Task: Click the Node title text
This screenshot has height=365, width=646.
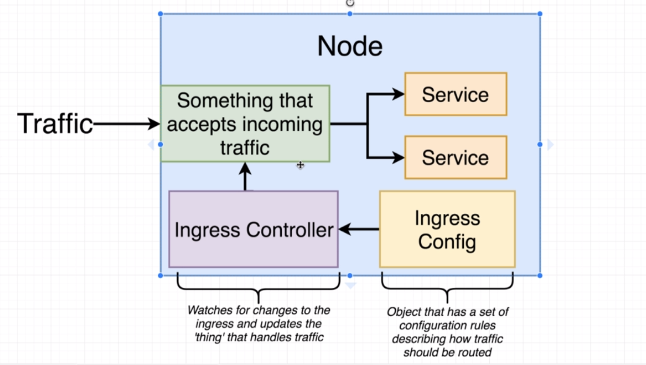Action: (x=350, y=46)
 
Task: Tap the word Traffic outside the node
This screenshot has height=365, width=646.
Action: (x=55, y=124)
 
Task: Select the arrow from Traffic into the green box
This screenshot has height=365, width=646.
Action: (x=126, y=124)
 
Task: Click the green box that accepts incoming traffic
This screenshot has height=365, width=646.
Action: (x=245, y=124)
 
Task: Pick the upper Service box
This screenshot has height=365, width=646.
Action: (x=455, y=94)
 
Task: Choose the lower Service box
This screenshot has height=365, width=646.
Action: (x=455, y=157)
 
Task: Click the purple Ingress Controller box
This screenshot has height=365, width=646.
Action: (x=253, y=229)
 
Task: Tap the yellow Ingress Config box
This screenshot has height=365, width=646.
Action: (x=448, y=229)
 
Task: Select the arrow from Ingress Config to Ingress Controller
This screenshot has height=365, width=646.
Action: (x=359, y=229)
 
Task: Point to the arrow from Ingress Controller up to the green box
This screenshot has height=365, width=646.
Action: (x=245, y=177)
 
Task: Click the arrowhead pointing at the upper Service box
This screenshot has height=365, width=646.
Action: (x=399, y=94)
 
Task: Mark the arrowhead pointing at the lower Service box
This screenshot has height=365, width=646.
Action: (x=399, y=157)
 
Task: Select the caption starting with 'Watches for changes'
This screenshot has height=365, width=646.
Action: (x=259, y=324)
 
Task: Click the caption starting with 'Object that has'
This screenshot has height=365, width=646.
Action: (x=448, y=332)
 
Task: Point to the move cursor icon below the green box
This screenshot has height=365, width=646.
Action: (x=300, y=165)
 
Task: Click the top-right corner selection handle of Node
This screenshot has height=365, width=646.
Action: (x=539, y=14)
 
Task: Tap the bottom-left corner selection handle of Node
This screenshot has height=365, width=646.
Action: (x=160, y=275)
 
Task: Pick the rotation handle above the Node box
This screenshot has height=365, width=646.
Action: (x=350, y=3)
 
